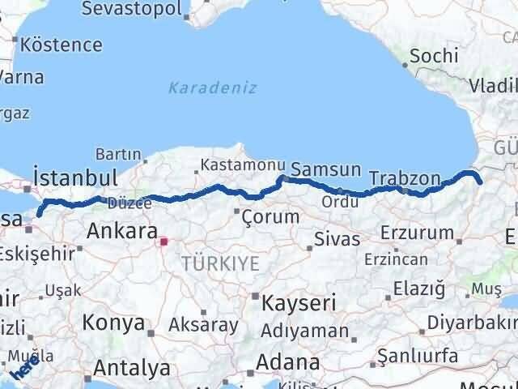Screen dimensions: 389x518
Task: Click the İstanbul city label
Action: [x=75, y=177]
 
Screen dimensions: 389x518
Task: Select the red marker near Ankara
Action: [x=163, y=241]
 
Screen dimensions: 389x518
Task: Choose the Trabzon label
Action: [x=404, y=177]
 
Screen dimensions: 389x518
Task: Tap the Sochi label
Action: [x=434, y=56]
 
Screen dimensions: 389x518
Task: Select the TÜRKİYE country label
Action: [x=220, y=263]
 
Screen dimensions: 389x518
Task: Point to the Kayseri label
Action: [x=299, y=303]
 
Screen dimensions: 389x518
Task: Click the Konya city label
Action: [x=113, y=323]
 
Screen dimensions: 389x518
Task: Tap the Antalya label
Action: [x=132, y=368]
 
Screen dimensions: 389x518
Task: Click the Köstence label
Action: [x=62, y=45]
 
